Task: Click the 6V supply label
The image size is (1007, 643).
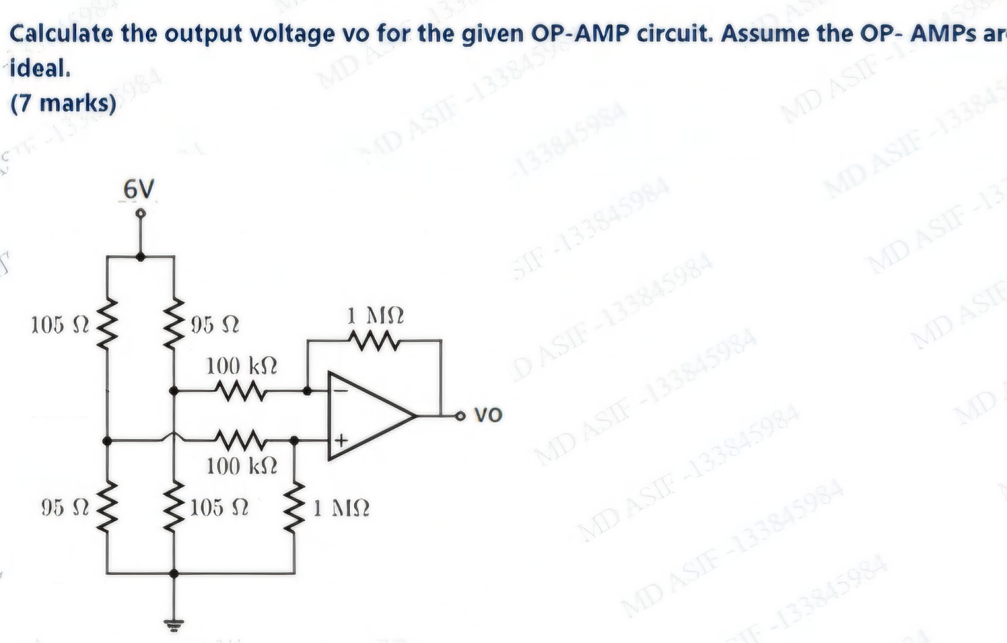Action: click(x=138, y=189)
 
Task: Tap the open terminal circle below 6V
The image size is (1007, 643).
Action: click(x=140, y=213)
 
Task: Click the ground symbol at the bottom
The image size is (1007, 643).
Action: click(x=174, y=625)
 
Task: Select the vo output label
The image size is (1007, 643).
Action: click(x=488, y=415)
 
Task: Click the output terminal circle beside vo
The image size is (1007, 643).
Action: click(x=460, y=415)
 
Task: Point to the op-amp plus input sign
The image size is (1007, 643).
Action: click(x=341, y=441)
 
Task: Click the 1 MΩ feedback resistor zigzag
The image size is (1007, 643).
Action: click(x=374, y=341)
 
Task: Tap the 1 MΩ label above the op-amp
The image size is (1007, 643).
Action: click(x=375, y=315)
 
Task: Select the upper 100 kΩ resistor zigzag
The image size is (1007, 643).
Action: click(x=241, y=391)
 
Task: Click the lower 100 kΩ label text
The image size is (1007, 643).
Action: click(x=241, y=466)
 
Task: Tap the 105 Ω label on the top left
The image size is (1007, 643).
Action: click(x=60, y=325)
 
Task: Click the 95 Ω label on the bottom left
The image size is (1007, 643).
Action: click(x=65, y=508)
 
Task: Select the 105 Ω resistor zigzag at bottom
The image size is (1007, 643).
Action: click(x=174, y=507)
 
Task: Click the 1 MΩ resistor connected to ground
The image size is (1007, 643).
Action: click(x=294, y=507)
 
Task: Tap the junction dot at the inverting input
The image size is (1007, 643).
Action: click(x=307, y=391)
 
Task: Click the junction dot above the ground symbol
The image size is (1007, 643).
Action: click(x=174, y=573)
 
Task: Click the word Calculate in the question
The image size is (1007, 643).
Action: click(x=61, y=34)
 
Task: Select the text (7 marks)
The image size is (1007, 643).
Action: click(x=63, y=103)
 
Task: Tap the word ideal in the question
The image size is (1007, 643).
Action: click(x=39, y=69)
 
